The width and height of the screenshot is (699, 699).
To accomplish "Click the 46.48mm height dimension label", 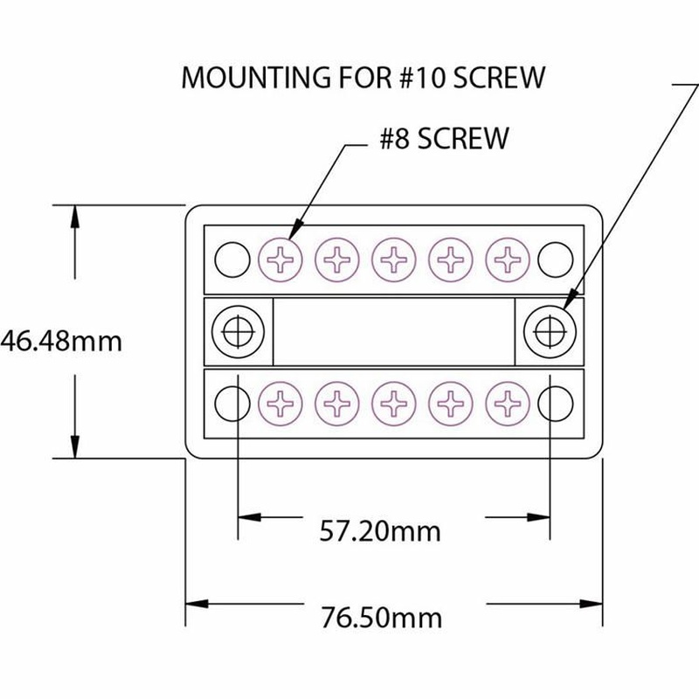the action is tap(60, 342).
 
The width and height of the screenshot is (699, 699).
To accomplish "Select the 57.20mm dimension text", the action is tap(380, 531).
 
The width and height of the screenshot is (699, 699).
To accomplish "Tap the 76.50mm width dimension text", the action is tap(382, 618).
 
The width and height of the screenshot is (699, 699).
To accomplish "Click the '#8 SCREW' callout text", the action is tap(444, 138).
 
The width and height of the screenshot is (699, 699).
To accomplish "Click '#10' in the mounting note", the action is tap(423, 78).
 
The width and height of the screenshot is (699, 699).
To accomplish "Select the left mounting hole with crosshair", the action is tap(238, 332).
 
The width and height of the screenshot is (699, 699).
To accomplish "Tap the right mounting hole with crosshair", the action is tap(550, 332).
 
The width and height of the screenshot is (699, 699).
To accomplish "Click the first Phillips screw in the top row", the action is tap(280, 260).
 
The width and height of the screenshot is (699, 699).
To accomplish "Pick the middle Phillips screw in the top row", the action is tap(394, 260).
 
